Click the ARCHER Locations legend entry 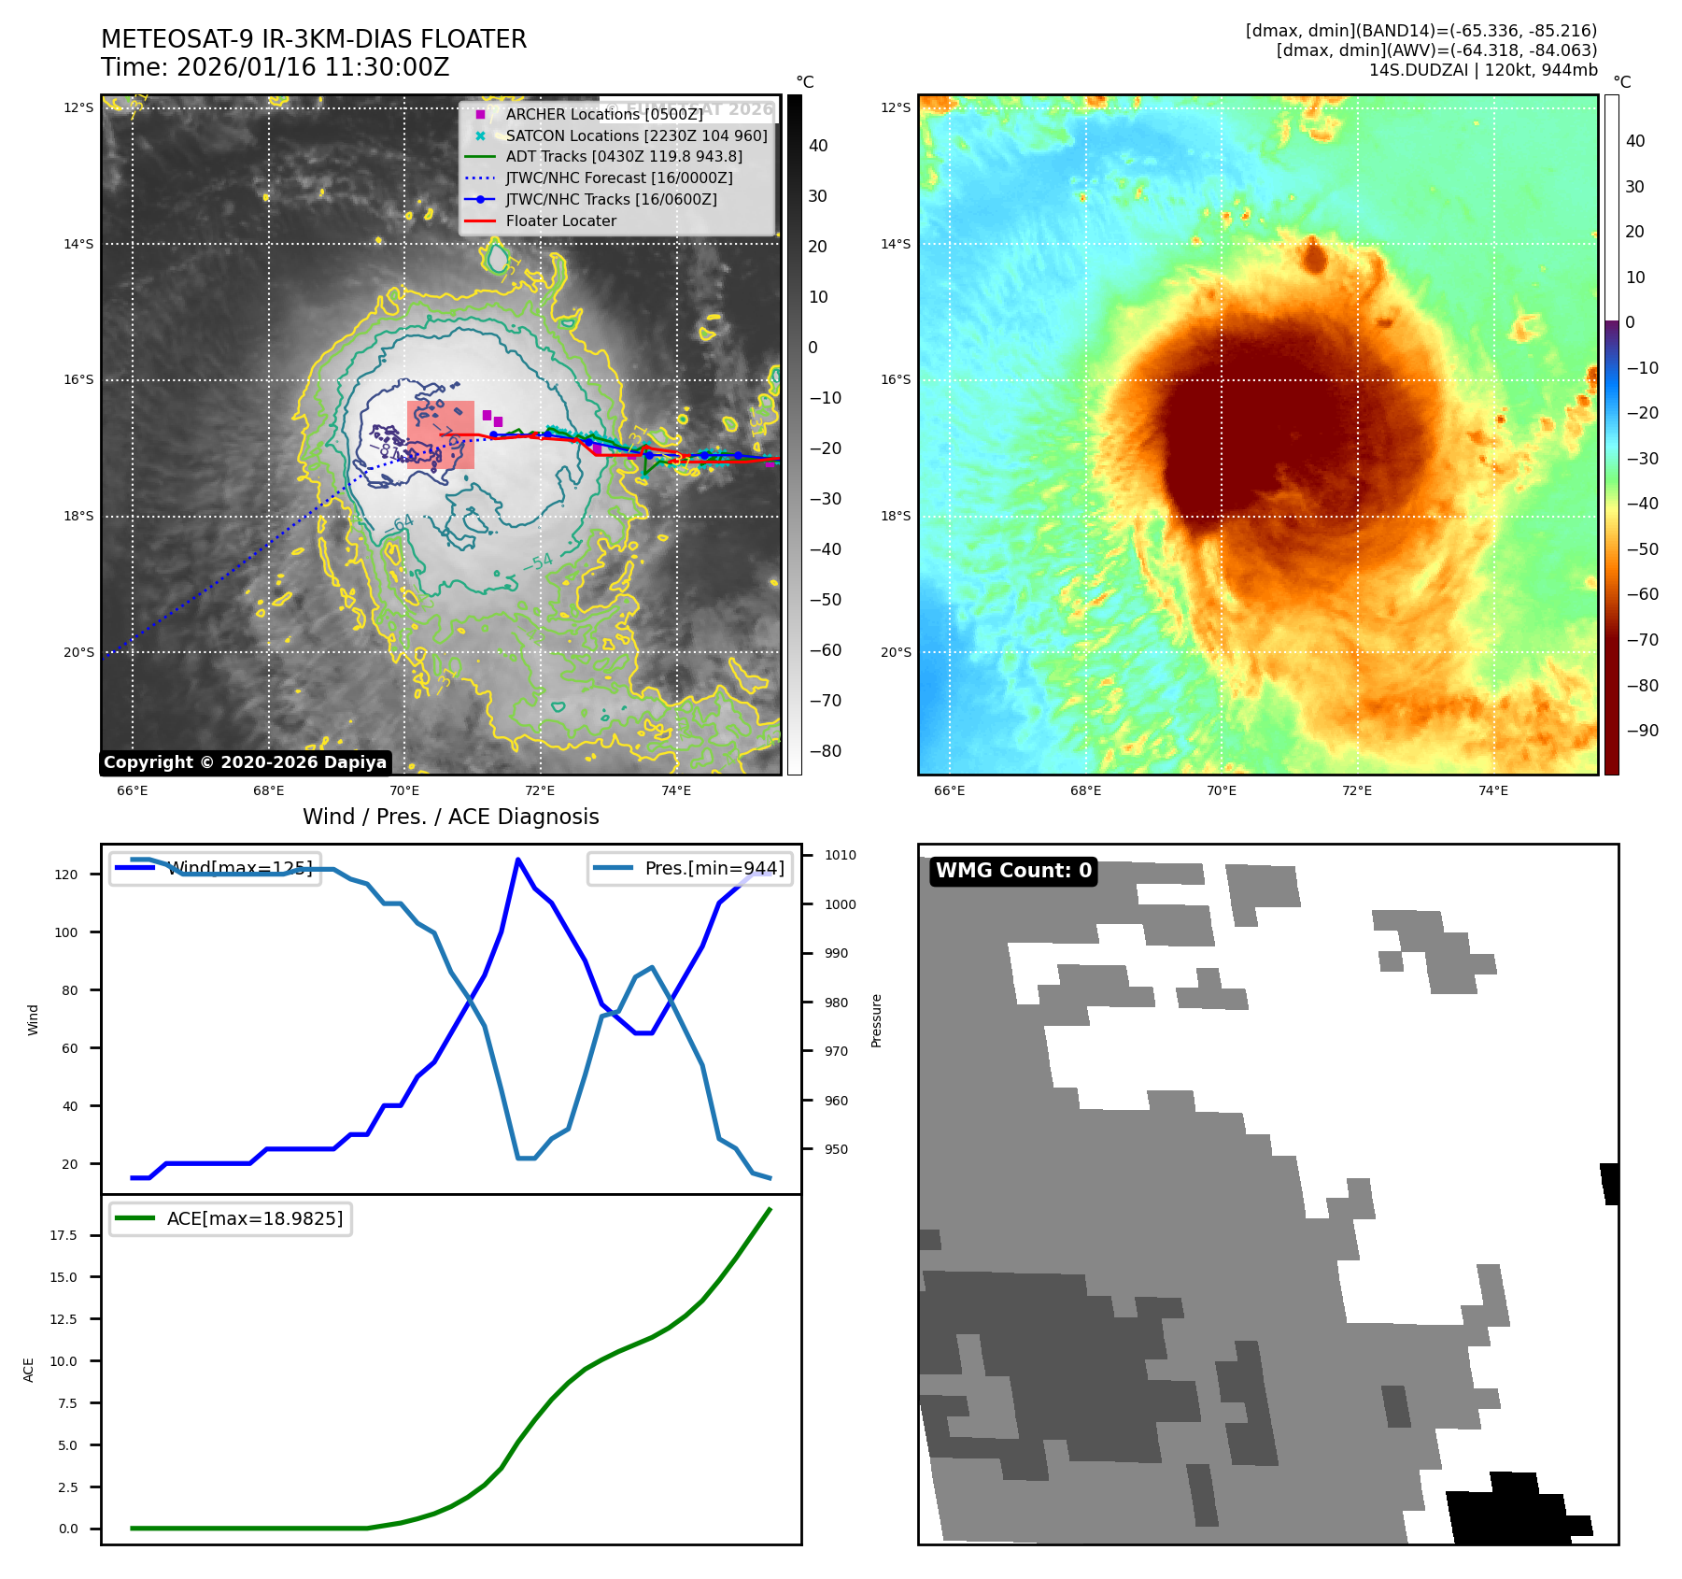pyautogui.click(x=603, y=114)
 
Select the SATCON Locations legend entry pyautogui.click(x=636, y=135)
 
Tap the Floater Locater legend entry pyautogui.click(x=560, y=221)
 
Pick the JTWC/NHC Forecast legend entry pyautogui.click(x=618, y=178)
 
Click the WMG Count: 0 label pyautogui.click(x=1013, y=871)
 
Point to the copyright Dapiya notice pyautogui.click(x=245, y=762)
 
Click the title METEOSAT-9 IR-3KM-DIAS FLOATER pyautogui.click(x=314, y=39)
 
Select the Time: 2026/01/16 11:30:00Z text pyautogui.click(x=276, y=67)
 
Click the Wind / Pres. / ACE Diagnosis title pyautogui.click(x=451, y=817)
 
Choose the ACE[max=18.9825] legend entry pyautogui.click(x=254, y=1218)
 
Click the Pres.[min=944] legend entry pyautogui.click(x=714, y=868)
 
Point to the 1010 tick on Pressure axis pyautogui.click(x=840, y=855)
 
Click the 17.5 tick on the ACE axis pyautogui.click(x=64, y=1235)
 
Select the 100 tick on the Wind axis pyautogui.click(x=66, y=932)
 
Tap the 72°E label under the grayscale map pyautogui.click(x=540, y=791)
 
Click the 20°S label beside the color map pyautogui.click(x=896, y=652)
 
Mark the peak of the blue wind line pyautogui.click(x=518, y=860)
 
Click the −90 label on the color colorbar pyautogui.click(x=1643, y=731)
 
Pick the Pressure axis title pyautogui.click(x=876, y=1020)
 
